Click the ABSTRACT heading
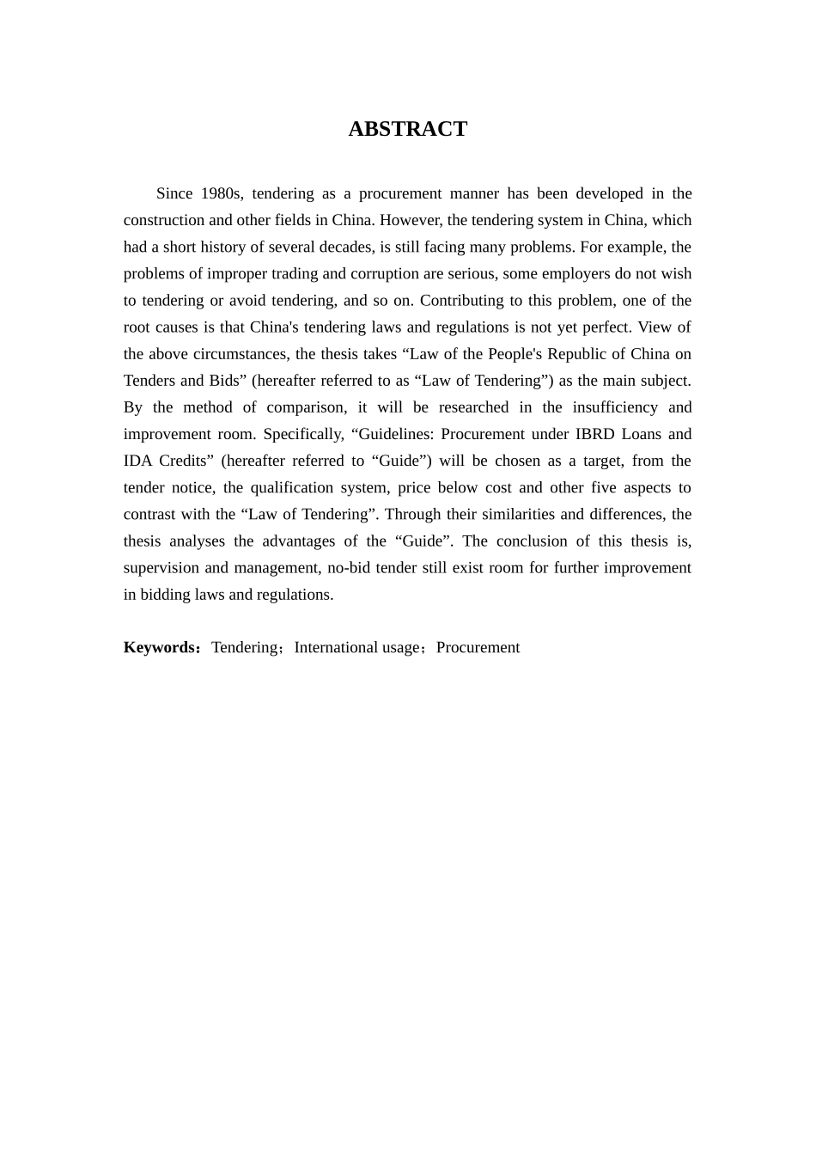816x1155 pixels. tap(407, 129)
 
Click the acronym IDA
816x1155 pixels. tap(137, 460)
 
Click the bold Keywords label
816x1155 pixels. tap(161, 647)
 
